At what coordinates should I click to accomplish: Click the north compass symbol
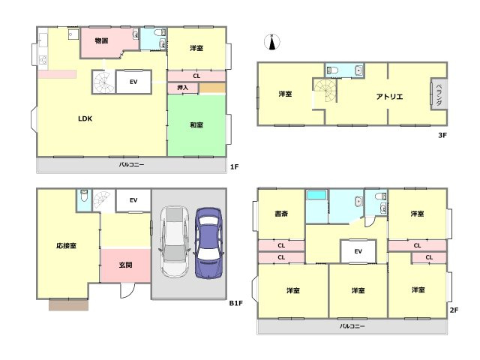coord(271,42)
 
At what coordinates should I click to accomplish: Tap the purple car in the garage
coord(208,243)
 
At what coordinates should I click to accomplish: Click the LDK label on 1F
coord(85,118)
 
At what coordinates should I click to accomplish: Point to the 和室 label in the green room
coord(196,125)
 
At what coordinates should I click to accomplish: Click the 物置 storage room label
coord(101,40)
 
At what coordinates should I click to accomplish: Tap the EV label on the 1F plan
coord(133,82)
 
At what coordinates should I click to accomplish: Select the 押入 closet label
coord(183,88)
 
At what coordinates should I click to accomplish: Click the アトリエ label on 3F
coord(389,97)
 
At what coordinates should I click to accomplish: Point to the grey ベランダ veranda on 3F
coord(439,94)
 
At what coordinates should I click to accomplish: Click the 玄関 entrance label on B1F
coord(125,265)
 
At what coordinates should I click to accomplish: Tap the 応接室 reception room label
coord(67,245)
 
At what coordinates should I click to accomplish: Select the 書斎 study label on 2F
coord(281,213)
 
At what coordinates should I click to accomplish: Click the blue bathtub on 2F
coord(316,195)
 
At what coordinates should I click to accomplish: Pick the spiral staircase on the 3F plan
coord(325,90)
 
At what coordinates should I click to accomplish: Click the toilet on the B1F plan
coord(84,196)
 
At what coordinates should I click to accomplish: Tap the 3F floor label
coord(442,135)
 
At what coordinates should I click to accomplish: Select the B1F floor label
coord(236,303)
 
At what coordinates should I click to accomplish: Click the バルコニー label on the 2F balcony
coord(352,326)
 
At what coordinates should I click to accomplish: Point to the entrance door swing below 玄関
coord(127,290)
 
